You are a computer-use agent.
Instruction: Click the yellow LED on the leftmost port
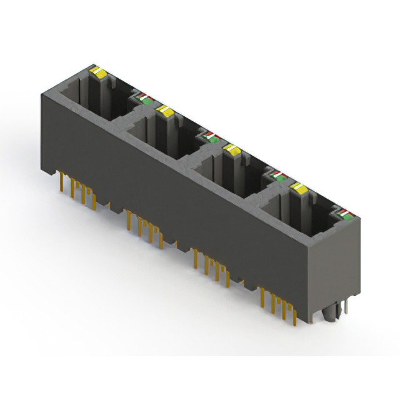click(x=98, y=71)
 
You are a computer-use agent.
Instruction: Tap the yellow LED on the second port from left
click(x=165, y=111)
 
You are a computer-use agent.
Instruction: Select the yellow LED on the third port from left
click(x=232, y=149)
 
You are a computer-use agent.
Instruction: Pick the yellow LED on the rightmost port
click(x=299, y=187)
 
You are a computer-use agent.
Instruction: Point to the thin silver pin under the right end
click(x=341, y=309)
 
